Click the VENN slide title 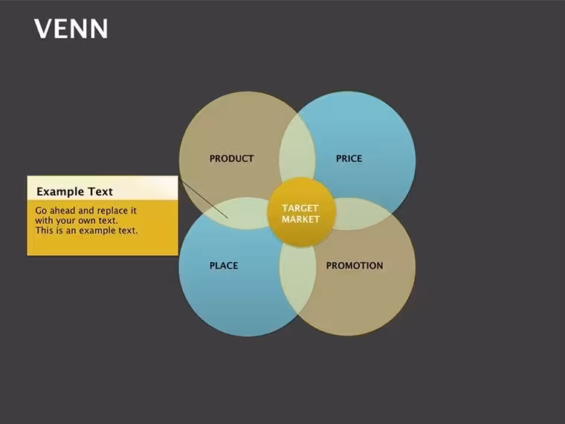coord(71,29)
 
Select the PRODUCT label coord(232,158)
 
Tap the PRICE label coord(349,158)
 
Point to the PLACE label coord(224,266)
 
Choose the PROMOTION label coord(355,266)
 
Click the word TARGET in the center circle coord(300,208)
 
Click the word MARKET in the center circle coord(301,219)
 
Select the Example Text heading coord(74,191)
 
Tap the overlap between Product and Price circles coord(297,148)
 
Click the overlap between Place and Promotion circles coord(297,280)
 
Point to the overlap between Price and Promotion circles coord(362,213)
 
